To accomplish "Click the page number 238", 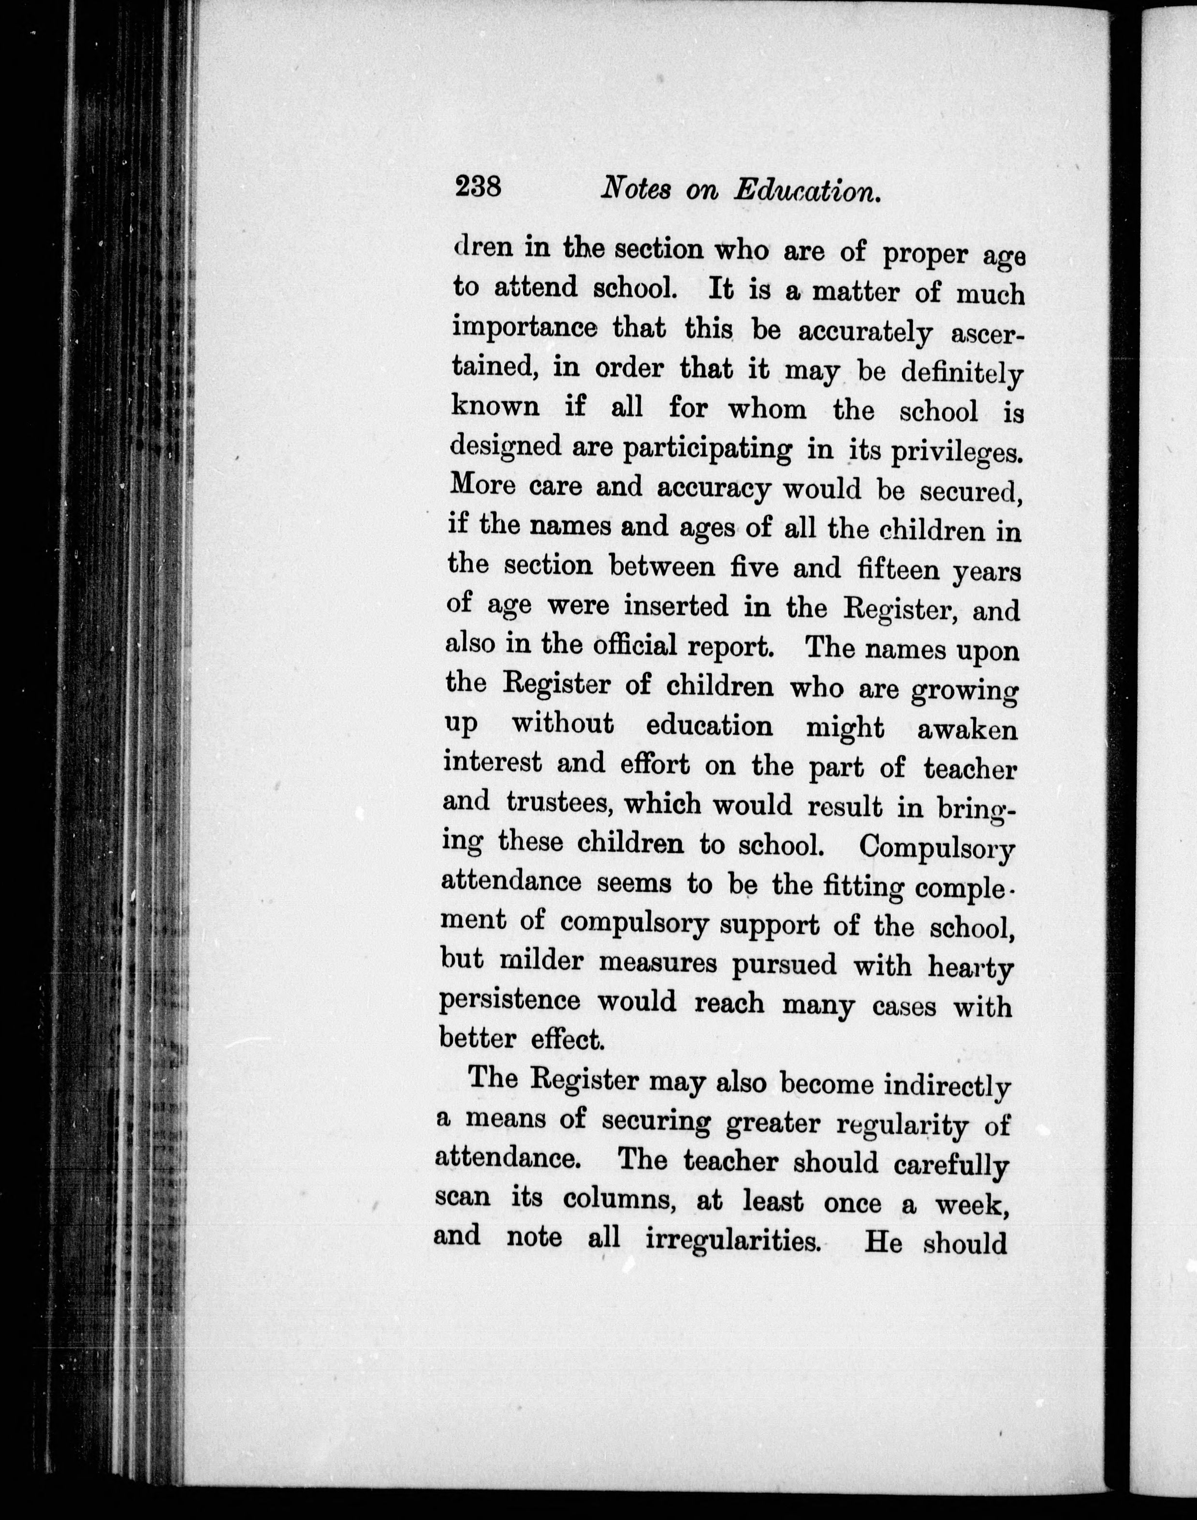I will click(478, 187).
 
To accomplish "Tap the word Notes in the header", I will click(636, 189).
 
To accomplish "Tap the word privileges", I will click(957, 453).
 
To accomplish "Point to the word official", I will click(635, 645).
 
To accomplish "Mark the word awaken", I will click(967, 730).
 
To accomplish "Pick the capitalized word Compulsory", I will click(937, 848).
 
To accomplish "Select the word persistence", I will click(510, 1001).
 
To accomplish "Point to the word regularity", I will click(904, 1125).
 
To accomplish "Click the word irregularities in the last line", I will click(732, 1241).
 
